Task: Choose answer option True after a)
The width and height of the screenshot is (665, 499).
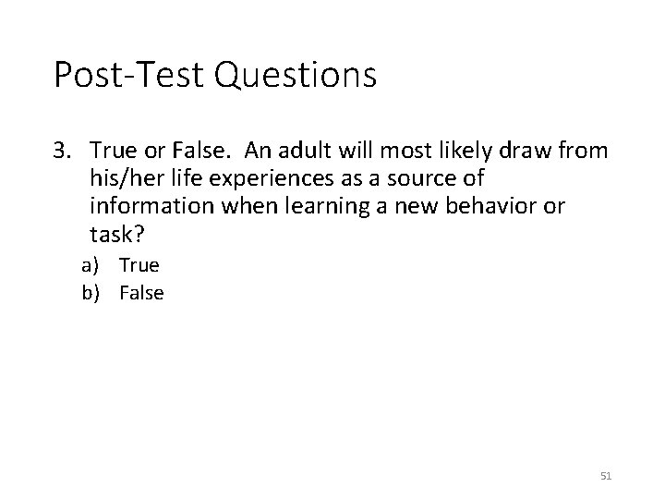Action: (139, 266)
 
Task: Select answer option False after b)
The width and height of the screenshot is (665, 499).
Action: (141, 293)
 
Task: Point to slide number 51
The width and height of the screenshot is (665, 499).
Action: (606, 475)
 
